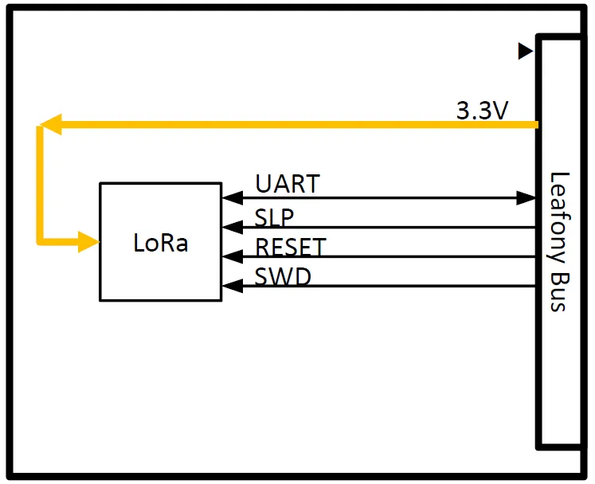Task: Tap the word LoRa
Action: pyautogui.click(x=160, y=243)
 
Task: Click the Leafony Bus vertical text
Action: pyautogui.click(x=560, y=240)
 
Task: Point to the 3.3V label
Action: pyautogui.click(x=482, y=111)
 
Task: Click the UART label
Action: pyautogui.click(x=287, y=184)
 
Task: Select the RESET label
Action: pyautogui.click(x=290, y=247)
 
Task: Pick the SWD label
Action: pyautogui.click(x=283, y=277)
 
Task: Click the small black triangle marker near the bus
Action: pyautogui.click(x=524, y=52)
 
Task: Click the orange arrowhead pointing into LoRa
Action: pyautogui.click(x=88, y=241)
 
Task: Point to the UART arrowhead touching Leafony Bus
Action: pyautogui.click(x=528, y=197)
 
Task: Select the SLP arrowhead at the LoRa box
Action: pyautogui.click(x=231, y=227)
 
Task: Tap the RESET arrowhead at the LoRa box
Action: pyautogui.click(x=231, y=256)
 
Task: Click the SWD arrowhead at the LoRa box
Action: pyautogui.click(x=231, y=285)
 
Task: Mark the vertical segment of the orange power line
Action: pyautogui.click(x=41, y=183)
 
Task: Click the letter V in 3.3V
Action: pyautogui.click(x=499, y=111)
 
